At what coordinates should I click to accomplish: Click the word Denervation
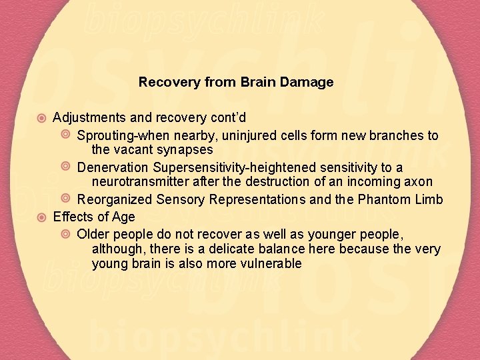[x=113, y=167]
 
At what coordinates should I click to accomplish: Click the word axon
[x=419, y=182]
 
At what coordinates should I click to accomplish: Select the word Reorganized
[x=115, y=199]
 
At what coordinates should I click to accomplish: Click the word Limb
[x=428, y=199]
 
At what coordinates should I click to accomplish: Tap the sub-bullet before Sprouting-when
[x=66, y=135]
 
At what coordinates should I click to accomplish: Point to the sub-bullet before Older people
[x=66, y=234]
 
